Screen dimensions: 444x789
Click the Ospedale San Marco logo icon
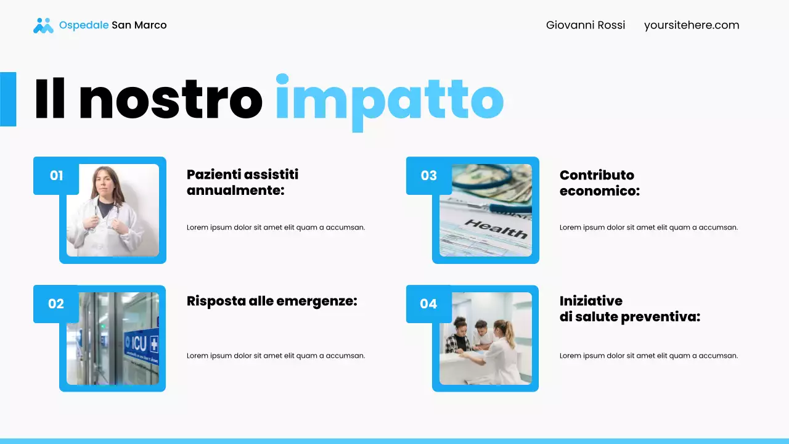43,25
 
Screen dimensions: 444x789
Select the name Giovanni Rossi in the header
585,25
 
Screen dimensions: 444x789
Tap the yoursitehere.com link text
691,25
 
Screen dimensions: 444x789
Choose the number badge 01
56,176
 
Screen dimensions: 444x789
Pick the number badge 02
56,304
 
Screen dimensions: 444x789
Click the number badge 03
428,176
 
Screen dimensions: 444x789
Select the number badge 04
428,304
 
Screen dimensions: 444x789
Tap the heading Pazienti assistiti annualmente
242,183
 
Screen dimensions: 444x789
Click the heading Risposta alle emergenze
272,301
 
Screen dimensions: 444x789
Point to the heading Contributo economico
599,183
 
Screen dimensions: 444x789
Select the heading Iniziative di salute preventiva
629,309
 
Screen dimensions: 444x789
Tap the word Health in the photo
496,228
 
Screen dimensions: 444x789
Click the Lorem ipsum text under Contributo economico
648,228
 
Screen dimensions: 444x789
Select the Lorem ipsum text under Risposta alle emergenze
276,356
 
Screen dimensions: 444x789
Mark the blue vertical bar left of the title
8,99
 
